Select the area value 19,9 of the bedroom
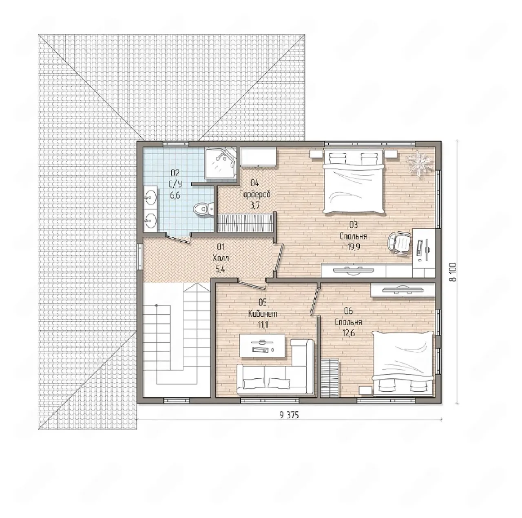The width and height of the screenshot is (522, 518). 354,247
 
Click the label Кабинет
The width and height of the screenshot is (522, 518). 263,314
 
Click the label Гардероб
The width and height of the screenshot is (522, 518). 255,195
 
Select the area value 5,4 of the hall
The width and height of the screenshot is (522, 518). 221,270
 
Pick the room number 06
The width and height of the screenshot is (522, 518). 348,311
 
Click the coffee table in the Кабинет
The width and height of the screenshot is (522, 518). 262,346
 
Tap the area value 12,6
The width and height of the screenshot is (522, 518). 348,333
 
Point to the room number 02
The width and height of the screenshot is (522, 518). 175,172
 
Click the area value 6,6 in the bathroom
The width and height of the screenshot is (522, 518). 175,195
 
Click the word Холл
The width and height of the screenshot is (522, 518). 221,258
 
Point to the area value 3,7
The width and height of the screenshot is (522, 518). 254,206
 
